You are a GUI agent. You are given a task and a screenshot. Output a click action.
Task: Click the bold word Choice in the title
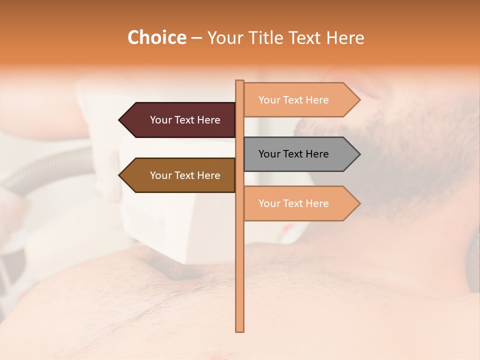[156, 38]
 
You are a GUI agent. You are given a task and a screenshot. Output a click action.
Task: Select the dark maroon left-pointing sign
[180, 120]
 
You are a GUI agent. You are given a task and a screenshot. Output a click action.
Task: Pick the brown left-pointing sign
[180, 175]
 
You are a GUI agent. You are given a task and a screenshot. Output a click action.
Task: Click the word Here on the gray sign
[316, 154]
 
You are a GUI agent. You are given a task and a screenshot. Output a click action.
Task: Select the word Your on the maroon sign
[160, 120]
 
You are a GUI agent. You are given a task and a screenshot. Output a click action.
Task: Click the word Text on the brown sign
[184, 175]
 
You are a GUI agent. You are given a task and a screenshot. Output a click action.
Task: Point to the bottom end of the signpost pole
[239, 330]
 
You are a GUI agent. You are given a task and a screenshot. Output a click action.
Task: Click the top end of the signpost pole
[239, 82]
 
